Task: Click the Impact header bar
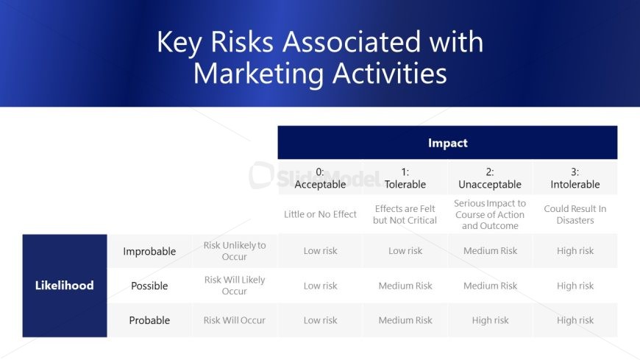point(447,143)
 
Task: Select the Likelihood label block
point(65,286)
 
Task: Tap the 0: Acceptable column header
point(320,178)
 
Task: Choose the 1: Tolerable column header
point(405,178)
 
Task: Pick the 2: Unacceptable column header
point(490,178)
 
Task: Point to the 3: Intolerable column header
point(575,178)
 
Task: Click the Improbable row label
point(149,251)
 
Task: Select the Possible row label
point(149,286)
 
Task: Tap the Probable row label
point(149,320)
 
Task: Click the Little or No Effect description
point(320,214)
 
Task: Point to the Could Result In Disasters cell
point(575,214)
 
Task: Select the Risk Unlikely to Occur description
point(234,251)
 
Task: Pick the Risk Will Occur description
point(234,320)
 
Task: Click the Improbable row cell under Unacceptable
point(490,251)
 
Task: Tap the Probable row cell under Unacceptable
point(490,320)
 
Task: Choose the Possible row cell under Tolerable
point(405,286)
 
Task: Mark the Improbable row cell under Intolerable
point(575,251)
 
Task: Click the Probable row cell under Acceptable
point(320,320)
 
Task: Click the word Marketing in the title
point(259,74)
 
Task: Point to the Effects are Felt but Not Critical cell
point(405,214)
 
